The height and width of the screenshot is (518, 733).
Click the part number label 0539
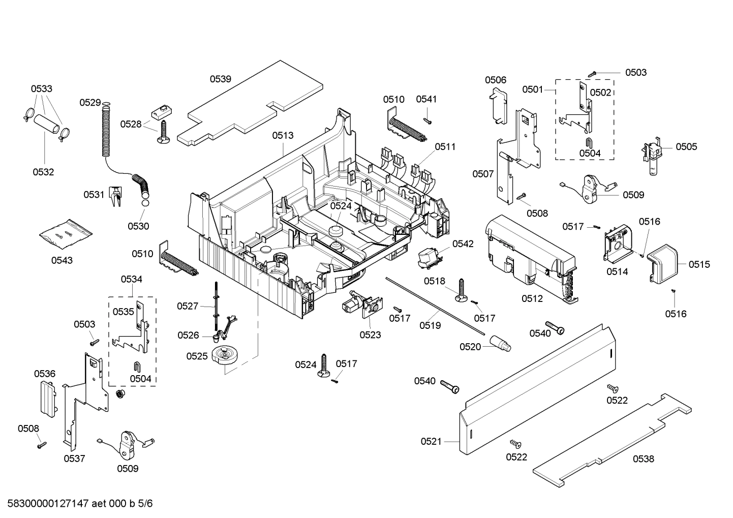221,79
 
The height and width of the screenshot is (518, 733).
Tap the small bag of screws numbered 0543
66,234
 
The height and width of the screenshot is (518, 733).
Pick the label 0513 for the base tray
283,135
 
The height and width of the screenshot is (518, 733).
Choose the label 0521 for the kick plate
431,441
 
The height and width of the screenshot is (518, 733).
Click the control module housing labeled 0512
529,254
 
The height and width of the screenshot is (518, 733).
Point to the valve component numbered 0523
361,305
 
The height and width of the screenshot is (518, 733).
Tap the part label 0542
463,243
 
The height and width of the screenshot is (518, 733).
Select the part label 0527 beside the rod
188,306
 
